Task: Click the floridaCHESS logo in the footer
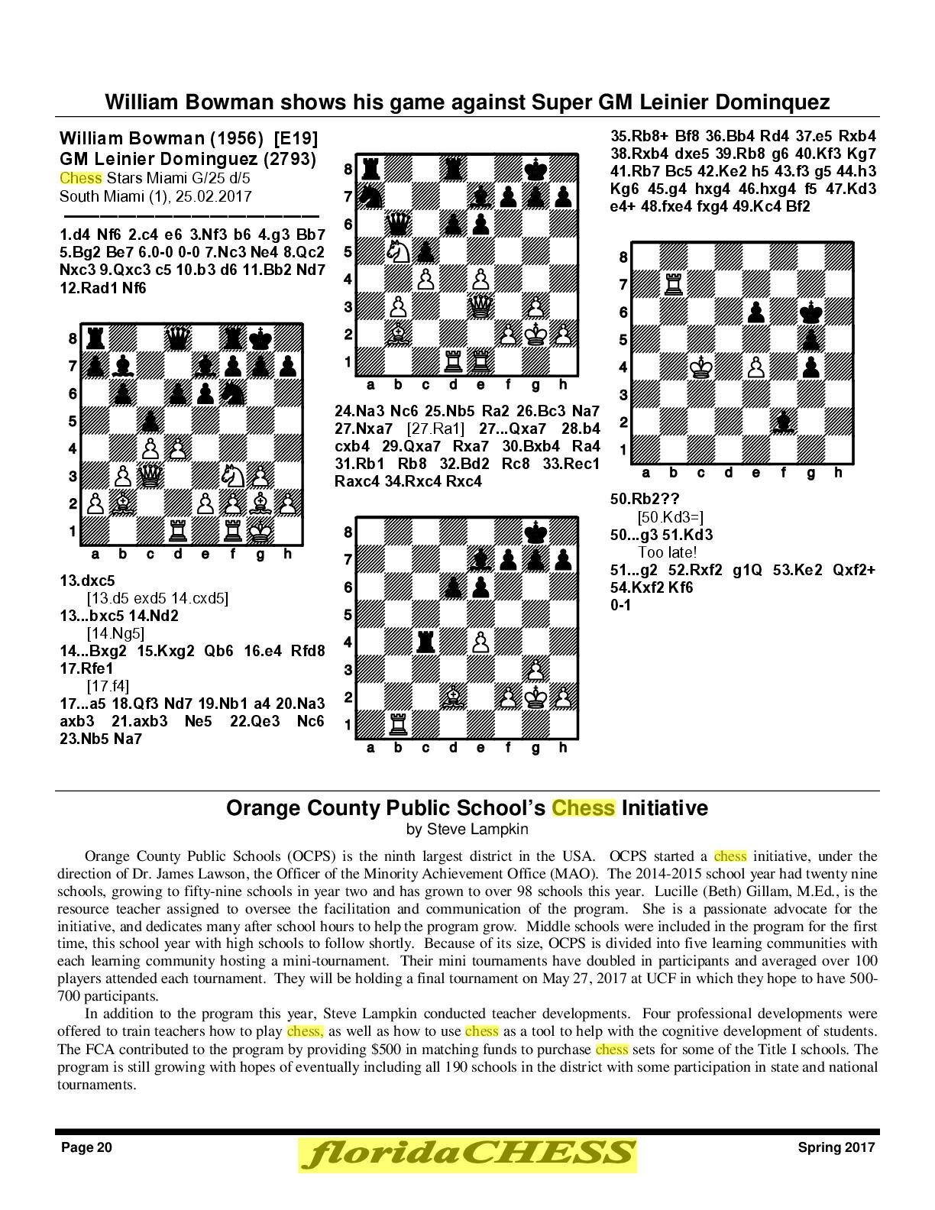tap(467, 1153)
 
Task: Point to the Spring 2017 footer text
tap(836, 1147)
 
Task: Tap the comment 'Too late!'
tap(667, 552)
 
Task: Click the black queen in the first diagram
tap(178, 337)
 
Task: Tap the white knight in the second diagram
tap(398, 251)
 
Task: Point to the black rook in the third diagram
tap(425, 642)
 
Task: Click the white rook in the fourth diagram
tap(673, 284)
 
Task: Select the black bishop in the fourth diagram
tap(783, 422)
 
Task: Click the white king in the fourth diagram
tap(700, 367)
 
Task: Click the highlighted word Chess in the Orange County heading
tap(583, 808)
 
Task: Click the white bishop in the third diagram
tap(453, 697)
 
